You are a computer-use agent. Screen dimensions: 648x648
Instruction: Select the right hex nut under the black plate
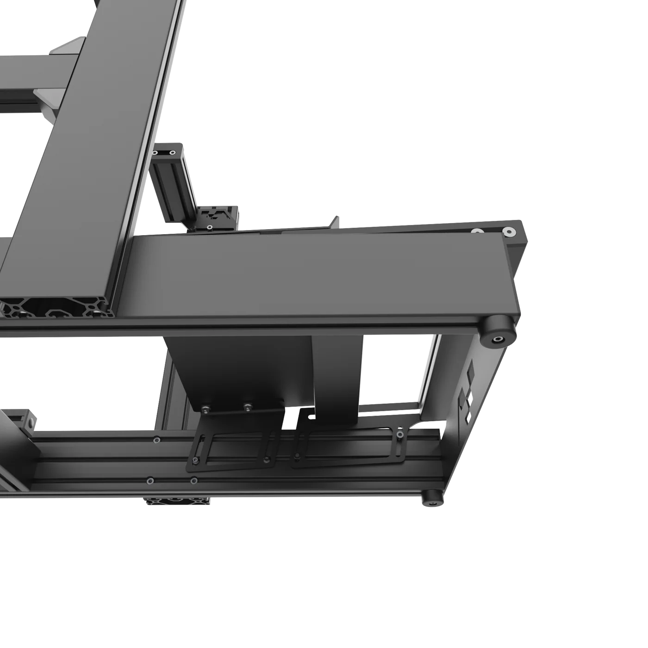[248, 407]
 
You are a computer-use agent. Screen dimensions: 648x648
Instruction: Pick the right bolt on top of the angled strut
[173, 152]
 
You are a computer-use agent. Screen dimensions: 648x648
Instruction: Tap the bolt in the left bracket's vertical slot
[196, 460]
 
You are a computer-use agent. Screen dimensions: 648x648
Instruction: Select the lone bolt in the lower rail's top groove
[157, 439]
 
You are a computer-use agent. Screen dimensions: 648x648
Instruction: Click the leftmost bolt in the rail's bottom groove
[150, 481]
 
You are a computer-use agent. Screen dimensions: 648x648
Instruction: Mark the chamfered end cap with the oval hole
[28, 419]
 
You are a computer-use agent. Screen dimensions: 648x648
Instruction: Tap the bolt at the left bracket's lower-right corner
[267, 460]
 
